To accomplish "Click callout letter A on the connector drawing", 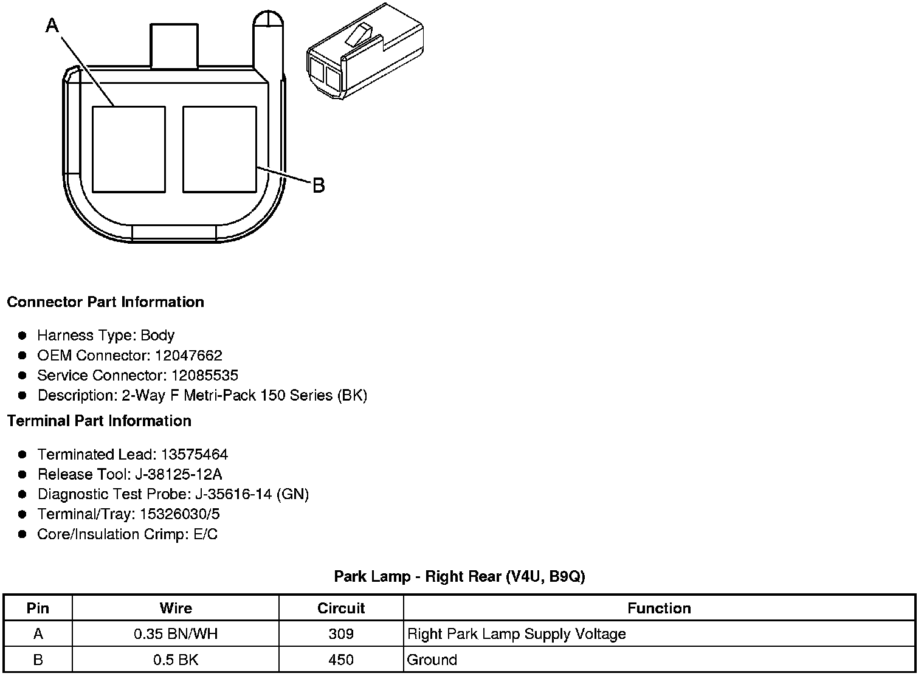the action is pyautogui.click(x=53, y=26).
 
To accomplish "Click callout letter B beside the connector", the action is pyautogui.click(x=319, y=185).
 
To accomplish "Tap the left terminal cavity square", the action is pyautogui.click(x=128, y=150).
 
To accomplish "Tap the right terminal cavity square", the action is pyautogui.click(x=219, y=150).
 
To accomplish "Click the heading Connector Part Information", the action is pyautogui.click(x=105, y=302).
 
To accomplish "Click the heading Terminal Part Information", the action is pyautogui.click(x=99, y=421).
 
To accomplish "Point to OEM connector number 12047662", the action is pyautogui.click(x=188, y=355).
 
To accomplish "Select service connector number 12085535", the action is pyautogui.click(x=205, y=375).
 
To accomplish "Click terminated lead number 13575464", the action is pyautogui.click(x=195, y=454).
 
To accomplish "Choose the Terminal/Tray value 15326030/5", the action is pyautogui.click(x=180, y=514).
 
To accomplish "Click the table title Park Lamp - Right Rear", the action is pyautogui.click(x=459, y=576).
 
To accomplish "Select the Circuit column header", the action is pyautogui.click(x=341, y=608).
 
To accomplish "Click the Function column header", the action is pyautogui.click(x=659, y=608).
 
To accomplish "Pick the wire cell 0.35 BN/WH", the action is pyautogui.click(x=176, y=634).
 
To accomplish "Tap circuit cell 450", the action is pyautogui.click(x=341, y=660).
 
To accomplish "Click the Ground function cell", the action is pyautogui.click(x=432, y=660).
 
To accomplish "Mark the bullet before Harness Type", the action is pyautogui.click(x=22, y=335).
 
